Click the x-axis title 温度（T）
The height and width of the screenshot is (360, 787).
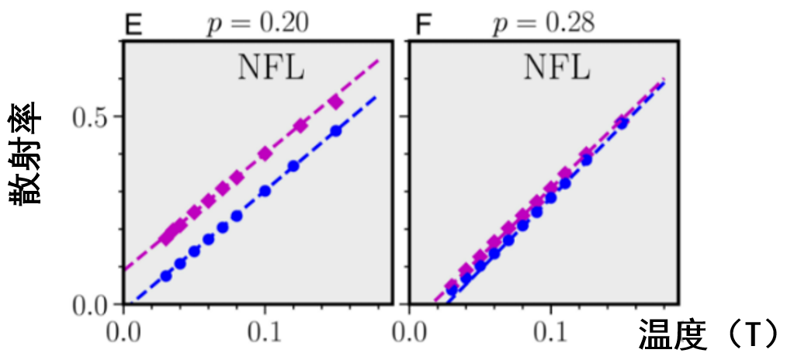tap(708, 335)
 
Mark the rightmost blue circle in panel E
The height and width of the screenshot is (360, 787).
tap(336, 131)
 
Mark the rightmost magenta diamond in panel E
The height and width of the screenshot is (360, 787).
tap(336, 102)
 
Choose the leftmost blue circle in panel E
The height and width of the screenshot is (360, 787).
tap(166, 275)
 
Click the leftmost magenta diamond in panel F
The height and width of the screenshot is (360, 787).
tap(451, 287)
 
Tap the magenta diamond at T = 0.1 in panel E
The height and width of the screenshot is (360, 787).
tap(265, 154)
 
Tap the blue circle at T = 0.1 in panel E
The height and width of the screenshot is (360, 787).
tap(265, 191)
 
